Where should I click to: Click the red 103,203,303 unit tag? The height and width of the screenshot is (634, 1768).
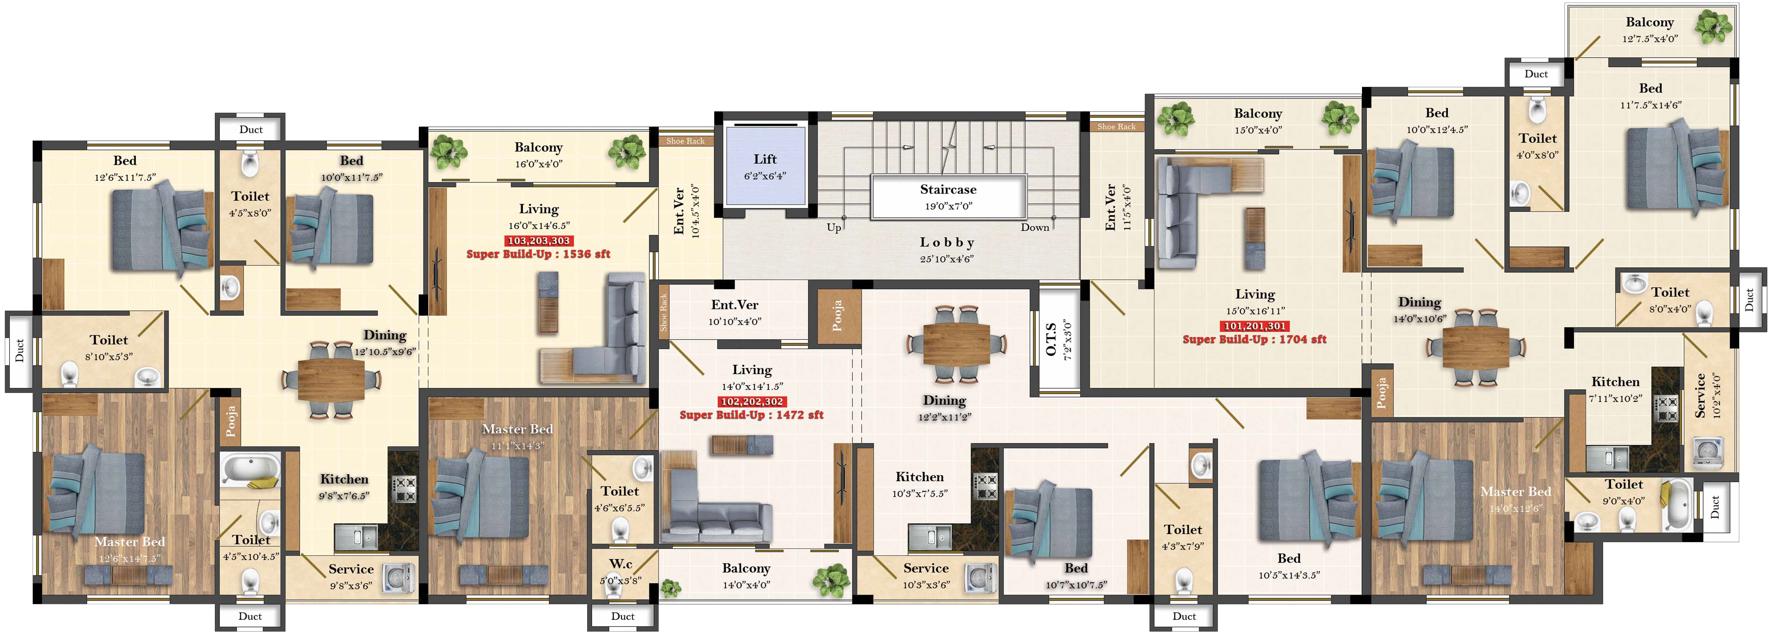click(539, 241)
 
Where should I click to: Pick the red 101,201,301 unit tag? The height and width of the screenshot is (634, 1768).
click(1255, 326)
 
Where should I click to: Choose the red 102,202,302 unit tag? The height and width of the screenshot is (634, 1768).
click(752, 401)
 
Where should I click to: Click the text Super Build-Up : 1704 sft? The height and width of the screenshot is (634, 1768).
click(1255, 339)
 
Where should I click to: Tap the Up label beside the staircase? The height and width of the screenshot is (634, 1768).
click(834, 227)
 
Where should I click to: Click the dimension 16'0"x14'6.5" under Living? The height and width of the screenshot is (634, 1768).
click(539, 226)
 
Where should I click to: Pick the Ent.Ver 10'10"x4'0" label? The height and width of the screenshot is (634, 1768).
click(735, 312)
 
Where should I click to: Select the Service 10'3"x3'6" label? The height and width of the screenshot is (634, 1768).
click(926, 576)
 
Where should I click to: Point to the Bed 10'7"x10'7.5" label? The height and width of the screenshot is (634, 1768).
click(1076, 576)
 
